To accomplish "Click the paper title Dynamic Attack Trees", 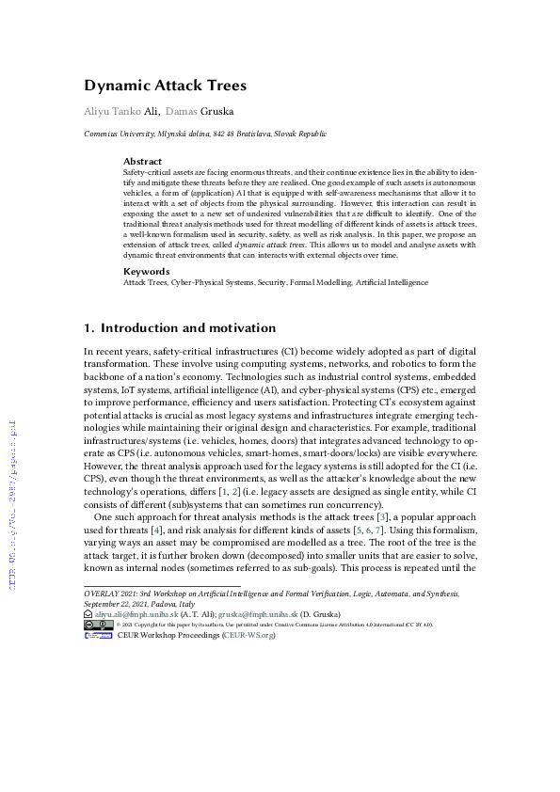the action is [166, 86].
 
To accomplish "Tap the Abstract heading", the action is [142, 161].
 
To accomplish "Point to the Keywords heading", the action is [146, 271].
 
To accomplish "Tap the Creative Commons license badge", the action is [99, 624].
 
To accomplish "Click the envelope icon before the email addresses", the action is [88, 611].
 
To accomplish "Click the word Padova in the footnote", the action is [160, 602].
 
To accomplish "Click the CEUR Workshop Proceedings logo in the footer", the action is [99, 635].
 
